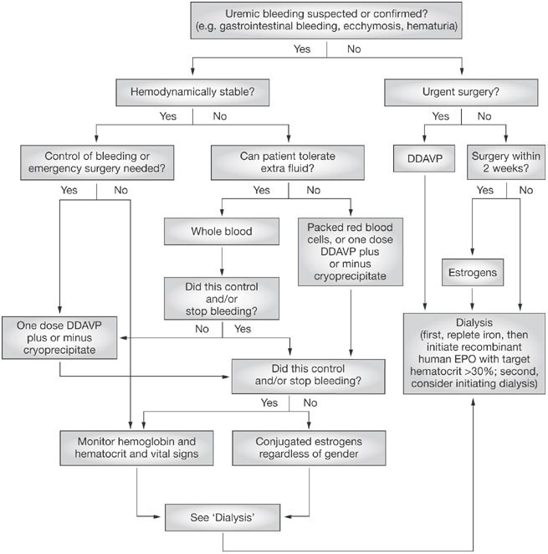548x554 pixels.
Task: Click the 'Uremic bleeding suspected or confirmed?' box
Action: point(325,19)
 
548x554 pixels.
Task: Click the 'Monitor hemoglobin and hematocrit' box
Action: point(133,447)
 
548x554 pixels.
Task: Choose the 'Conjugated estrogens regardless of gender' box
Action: point(308,447)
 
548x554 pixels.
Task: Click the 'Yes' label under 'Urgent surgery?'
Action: point(439,115)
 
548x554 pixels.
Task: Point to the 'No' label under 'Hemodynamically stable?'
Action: point(219,115)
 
